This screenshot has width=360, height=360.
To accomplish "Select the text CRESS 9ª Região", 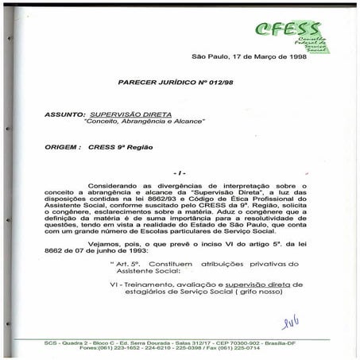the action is pyautogui.click(x=116, y=147).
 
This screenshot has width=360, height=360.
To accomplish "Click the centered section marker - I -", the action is pyautogui.click(x=180, y=172).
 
